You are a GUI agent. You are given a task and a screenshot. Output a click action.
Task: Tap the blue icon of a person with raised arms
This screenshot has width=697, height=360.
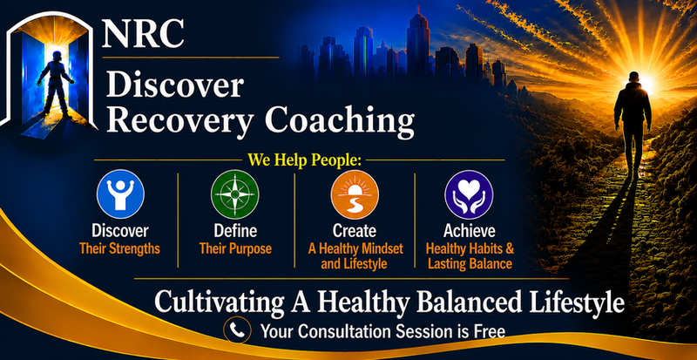[120, 194]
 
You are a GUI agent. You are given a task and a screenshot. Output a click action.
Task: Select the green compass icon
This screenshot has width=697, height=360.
[234, 194]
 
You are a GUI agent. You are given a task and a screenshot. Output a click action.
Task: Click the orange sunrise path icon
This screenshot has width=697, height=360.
[355, 194]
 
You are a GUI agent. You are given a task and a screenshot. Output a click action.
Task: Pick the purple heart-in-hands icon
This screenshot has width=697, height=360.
[469, 194]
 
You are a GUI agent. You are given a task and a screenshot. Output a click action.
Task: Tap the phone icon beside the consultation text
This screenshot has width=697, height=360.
[237, 329]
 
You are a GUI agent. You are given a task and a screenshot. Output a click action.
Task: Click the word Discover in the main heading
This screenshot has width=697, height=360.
[175, 86]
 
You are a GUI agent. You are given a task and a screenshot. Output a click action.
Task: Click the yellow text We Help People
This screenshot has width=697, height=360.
[304, 160]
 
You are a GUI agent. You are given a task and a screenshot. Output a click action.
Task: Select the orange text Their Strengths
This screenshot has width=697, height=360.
[119, 248]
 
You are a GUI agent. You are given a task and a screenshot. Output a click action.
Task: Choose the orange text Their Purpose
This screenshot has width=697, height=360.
[235, 248]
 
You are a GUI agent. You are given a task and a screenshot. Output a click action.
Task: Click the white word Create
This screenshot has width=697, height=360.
[355, 231]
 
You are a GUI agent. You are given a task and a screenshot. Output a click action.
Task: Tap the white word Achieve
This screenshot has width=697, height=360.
[470, 231]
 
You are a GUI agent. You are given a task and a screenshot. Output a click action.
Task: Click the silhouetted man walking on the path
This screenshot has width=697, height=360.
[633, 119]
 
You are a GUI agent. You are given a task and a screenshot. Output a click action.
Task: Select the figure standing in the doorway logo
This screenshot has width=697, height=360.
[55, 84]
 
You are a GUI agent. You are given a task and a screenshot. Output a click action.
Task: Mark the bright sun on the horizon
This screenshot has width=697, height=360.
[646, 83]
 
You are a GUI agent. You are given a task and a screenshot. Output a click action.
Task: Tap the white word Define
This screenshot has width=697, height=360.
[235, 231]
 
